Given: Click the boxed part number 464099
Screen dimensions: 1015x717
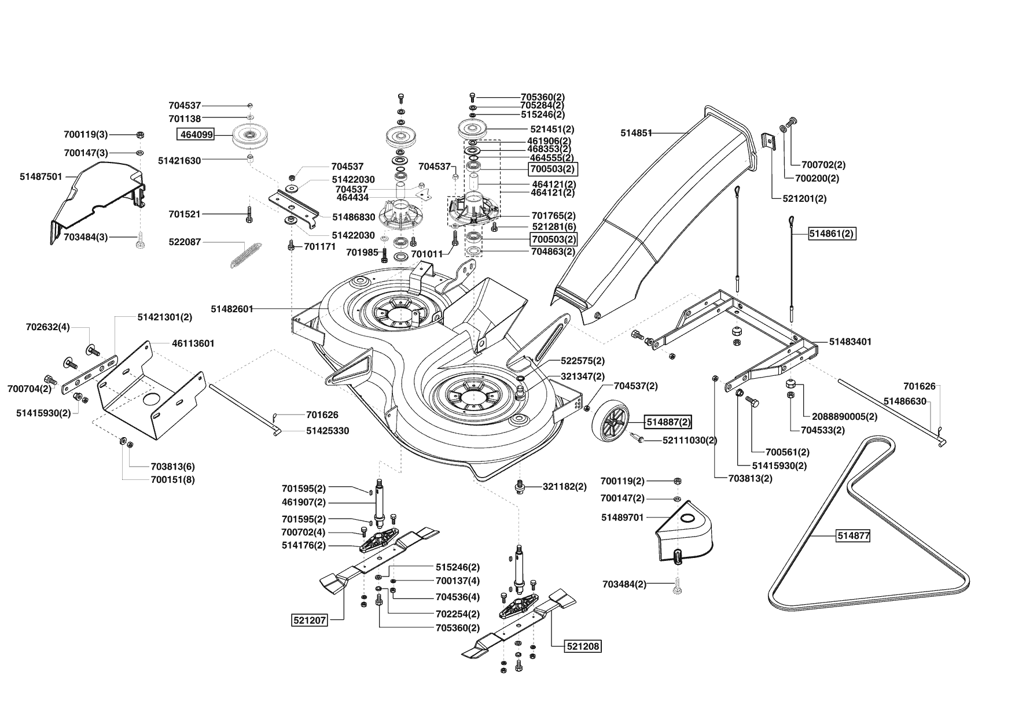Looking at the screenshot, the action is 196,135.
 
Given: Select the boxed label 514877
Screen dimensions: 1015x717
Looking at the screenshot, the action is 854,536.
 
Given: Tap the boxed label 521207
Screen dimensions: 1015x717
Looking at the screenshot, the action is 310,620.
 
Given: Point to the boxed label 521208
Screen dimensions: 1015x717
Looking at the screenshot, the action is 583,646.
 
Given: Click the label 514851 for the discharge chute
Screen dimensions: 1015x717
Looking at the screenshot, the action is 637,133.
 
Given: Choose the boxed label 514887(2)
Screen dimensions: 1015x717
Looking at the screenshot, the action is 668,422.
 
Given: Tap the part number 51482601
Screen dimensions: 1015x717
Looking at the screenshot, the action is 232,309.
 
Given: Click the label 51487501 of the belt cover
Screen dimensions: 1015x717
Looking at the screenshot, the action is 41,176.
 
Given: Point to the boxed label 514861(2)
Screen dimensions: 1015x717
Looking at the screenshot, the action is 832,234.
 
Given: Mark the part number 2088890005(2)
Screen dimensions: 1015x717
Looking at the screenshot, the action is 844,416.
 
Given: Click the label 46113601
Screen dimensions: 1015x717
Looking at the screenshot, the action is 193,343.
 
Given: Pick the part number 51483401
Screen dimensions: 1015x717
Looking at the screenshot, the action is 850,342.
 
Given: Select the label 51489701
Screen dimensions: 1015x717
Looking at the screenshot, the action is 623,518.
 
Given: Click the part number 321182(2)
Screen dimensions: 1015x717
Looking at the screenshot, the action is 564,487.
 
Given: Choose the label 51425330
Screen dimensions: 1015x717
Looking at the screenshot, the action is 328,431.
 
